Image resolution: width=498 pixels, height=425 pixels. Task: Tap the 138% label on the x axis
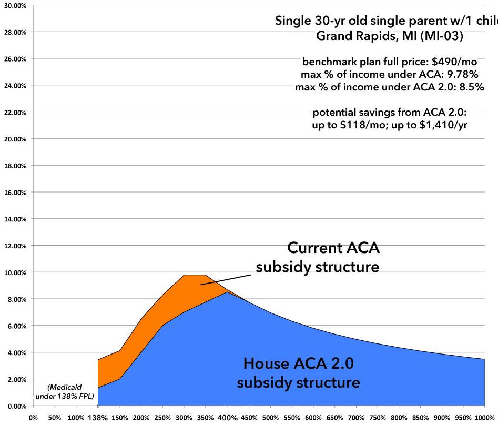click(98, 418)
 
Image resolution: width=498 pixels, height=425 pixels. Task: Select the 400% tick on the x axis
click(227, 418)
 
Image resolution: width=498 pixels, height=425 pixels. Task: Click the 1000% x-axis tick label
click(484, 418)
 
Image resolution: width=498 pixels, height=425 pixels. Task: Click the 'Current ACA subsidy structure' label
click(318, 258)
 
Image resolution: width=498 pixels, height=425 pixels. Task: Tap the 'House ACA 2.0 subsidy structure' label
click(298, 372)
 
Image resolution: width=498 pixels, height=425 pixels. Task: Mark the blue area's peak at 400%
click(227, 292)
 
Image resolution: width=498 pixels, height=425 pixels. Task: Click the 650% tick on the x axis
click(334, 418)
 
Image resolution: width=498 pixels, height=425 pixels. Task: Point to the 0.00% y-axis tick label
click(16, 406)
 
